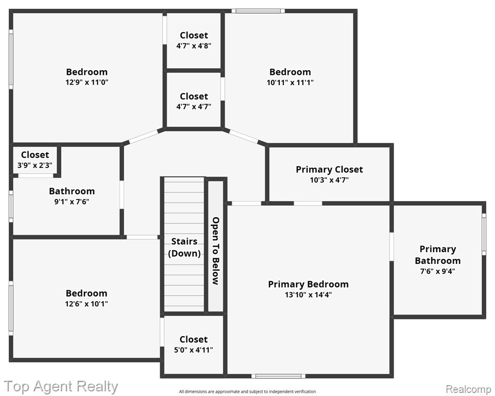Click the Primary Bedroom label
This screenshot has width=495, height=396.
click(308, 284)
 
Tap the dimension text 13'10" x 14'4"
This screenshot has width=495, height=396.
click(308, 295)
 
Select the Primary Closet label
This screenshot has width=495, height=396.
click(329, 170)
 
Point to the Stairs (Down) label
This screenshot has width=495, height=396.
click(184, 247)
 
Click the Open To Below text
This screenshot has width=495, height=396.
click(216, 251)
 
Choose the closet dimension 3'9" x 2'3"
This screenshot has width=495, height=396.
click(35, 165)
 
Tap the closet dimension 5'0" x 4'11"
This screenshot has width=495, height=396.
click(194, 350)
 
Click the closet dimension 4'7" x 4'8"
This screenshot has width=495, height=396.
click(194, 46)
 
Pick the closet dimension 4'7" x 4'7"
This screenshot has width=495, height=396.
click(194, 107)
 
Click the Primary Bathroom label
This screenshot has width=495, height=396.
click(437, 255)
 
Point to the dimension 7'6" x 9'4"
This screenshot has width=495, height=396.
click(437, 271)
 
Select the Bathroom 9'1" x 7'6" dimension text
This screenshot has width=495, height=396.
click(72, 202)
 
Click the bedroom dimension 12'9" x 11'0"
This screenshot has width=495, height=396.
click(87, 82)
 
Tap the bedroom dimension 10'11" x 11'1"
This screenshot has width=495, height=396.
click(290, 82)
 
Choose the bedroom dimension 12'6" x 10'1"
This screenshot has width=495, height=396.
click(87, 304)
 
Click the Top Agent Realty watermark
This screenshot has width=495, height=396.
click(61, 387)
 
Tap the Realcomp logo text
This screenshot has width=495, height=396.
click(469, 389)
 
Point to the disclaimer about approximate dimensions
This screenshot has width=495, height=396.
click(247, 391)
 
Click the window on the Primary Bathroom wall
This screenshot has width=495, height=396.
click(484, 234)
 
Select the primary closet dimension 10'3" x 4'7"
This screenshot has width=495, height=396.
click(329, 180)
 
